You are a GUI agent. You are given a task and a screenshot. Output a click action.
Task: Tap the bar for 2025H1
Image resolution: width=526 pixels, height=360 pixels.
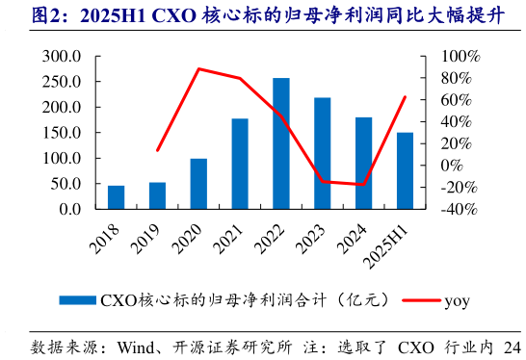(405, 170)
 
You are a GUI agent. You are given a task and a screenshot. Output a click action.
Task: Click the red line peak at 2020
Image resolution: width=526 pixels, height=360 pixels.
(198, 68)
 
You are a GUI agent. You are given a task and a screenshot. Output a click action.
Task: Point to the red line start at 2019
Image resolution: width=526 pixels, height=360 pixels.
(157, 151)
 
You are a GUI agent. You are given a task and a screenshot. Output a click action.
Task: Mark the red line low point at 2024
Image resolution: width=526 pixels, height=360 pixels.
(363, 185)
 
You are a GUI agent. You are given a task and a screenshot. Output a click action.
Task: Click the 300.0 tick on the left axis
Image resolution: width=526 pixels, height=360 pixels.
(62, 57)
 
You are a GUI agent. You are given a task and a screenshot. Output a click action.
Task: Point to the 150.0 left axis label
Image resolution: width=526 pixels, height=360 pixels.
(62, 133)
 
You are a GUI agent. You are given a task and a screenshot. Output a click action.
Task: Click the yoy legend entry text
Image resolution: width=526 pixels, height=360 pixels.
(457, 300)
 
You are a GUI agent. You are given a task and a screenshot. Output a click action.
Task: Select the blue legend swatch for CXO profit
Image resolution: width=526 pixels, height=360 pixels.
(78, 300)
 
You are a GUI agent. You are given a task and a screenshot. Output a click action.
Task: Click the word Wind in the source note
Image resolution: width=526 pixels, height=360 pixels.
(136, 347)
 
